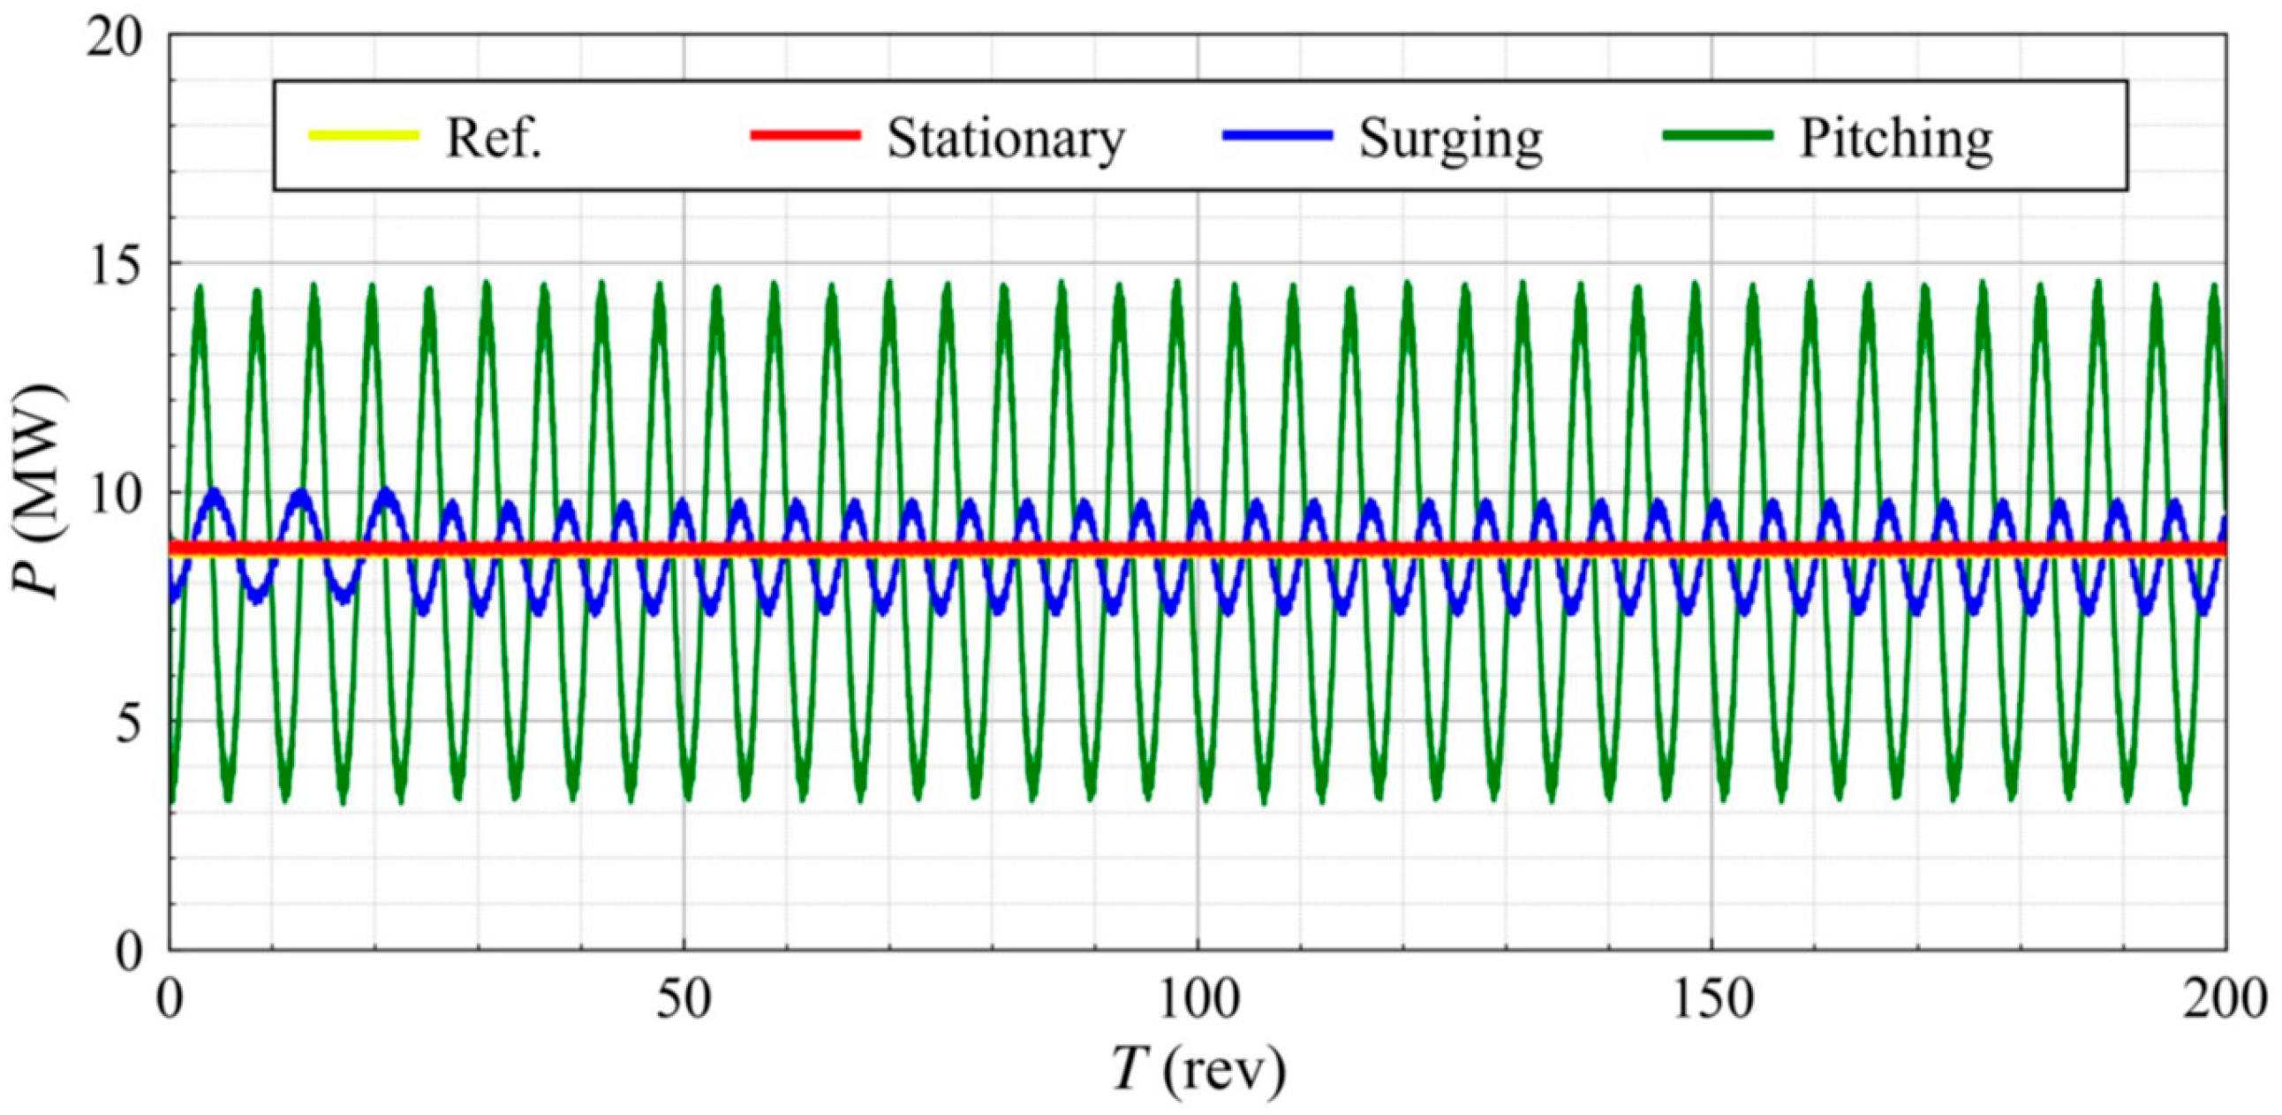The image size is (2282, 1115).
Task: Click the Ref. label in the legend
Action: coord(493,138)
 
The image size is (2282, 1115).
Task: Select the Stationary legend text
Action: coord(1006,138)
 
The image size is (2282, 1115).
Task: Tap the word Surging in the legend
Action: coord(1451,138)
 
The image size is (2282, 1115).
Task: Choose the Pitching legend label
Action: coord(1896,138)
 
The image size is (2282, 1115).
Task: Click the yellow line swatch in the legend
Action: coord(363,135)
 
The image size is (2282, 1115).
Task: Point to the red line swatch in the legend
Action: coord(805,135)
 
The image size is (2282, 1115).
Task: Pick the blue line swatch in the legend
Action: coord(1276,135)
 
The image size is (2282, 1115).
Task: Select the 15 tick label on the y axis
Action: coord(115,265)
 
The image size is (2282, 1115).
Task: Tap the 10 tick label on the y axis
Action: coord(115,494)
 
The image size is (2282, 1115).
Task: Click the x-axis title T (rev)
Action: coord(1198,1070)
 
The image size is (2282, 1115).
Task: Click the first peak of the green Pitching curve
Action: coord(200,289)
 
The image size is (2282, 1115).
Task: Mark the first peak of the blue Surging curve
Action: coord(214,493)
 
